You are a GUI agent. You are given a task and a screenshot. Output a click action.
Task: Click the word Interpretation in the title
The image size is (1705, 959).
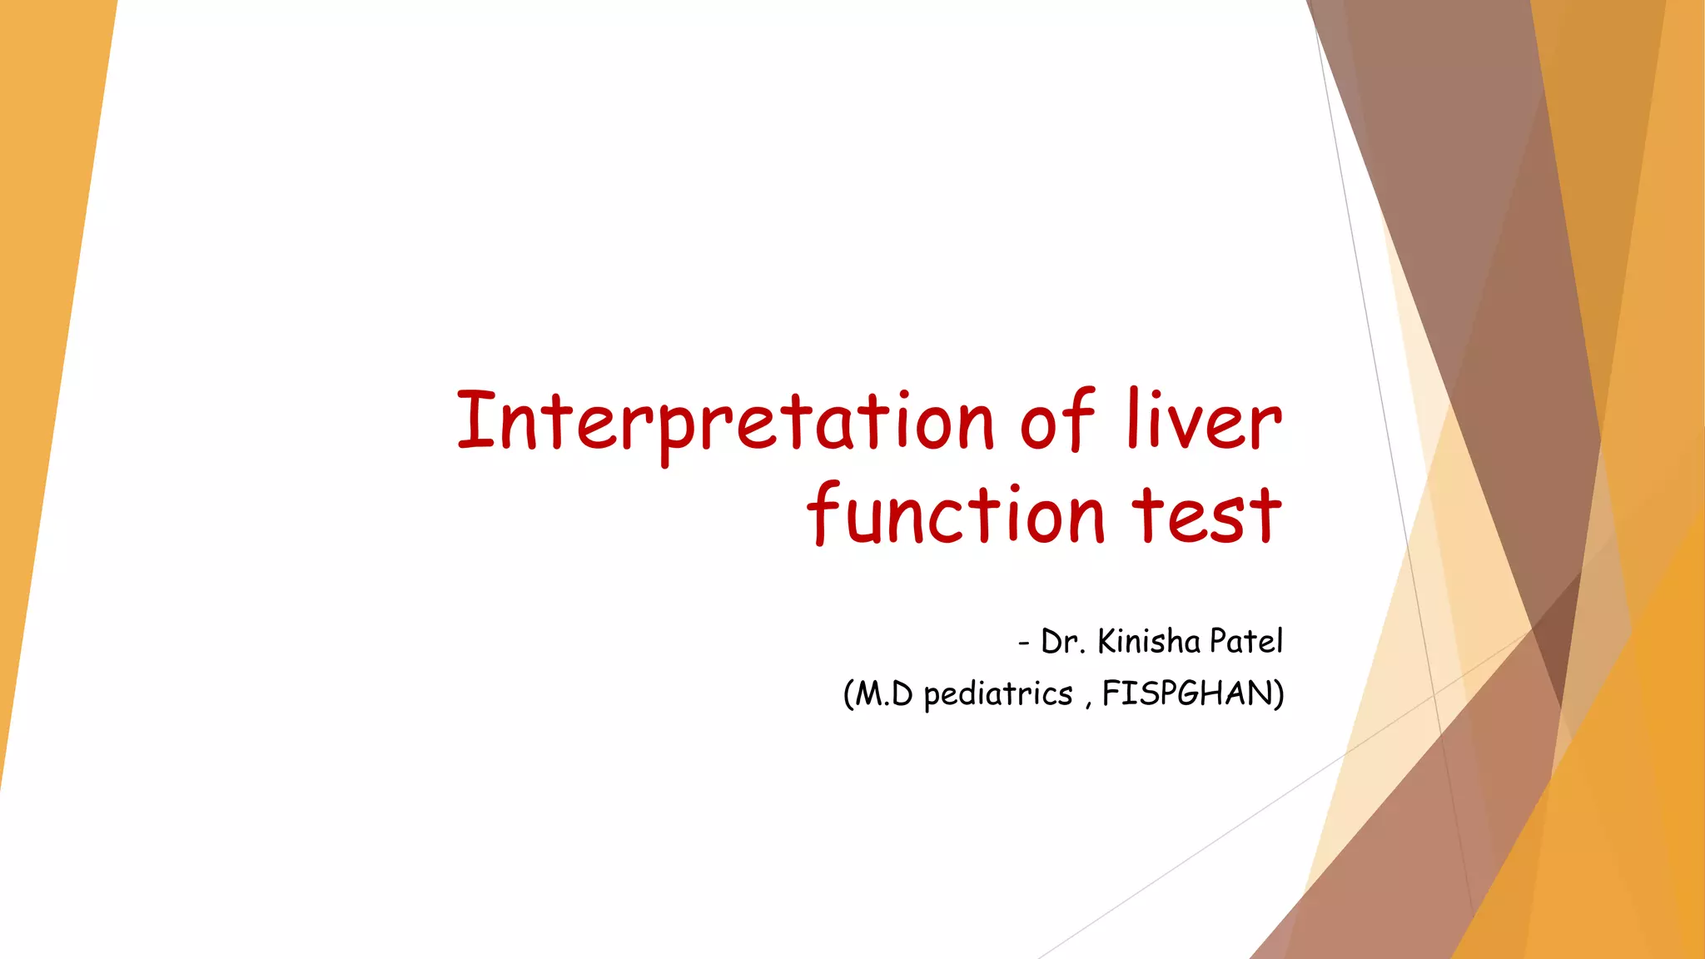point(724,422)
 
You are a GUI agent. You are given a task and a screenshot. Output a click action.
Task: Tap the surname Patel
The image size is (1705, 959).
point(1246,642)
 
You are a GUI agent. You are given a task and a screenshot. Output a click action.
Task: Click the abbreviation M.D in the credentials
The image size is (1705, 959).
point(884,693)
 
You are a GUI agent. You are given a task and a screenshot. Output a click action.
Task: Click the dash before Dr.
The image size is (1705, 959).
point(1023,643)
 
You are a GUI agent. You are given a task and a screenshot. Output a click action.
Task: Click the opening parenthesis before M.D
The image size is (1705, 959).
point(848,694)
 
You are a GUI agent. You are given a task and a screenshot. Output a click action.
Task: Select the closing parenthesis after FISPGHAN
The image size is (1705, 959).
point(1279,694)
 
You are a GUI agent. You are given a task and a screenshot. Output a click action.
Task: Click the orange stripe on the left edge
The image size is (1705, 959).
point(42,333)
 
